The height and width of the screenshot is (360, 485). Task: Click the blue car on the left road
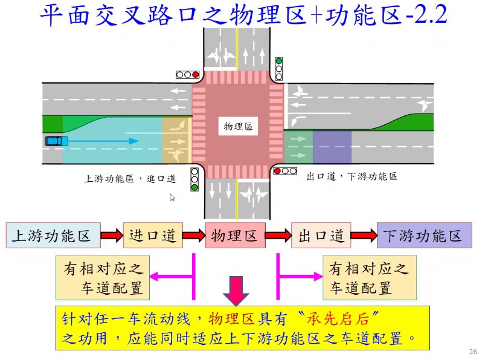(56, 141)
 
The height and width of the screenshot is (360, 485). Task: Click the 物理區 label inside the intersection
(237, 127)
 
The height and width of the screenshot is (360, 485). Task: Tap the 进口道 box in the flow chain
(152, 236)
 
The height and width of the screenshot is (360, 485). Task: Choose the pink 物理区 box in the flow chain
(235, 236)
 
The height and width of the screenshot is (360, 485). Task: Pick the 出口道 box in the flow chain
(321, 236)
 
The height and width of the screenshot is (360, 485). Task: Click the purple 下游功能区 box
(423, 236)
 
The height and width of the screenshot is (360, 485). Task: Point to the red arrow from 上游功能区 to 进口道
(111, 236)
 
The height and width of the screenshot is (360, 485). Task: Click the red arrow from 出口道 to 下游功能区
(364, 236)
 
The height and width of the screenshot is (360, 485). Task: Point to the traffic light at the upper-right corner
(278, 68)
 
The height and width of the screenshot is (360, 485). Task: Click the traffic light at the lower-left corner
(194, 179)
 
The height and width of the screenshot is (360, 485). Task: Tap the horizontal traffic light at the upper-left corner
(187, 75)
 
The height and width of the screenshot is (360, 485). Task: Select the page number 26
(472, 352)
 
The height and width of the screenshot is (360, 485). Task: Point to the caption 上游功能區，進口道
(130, 179)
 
